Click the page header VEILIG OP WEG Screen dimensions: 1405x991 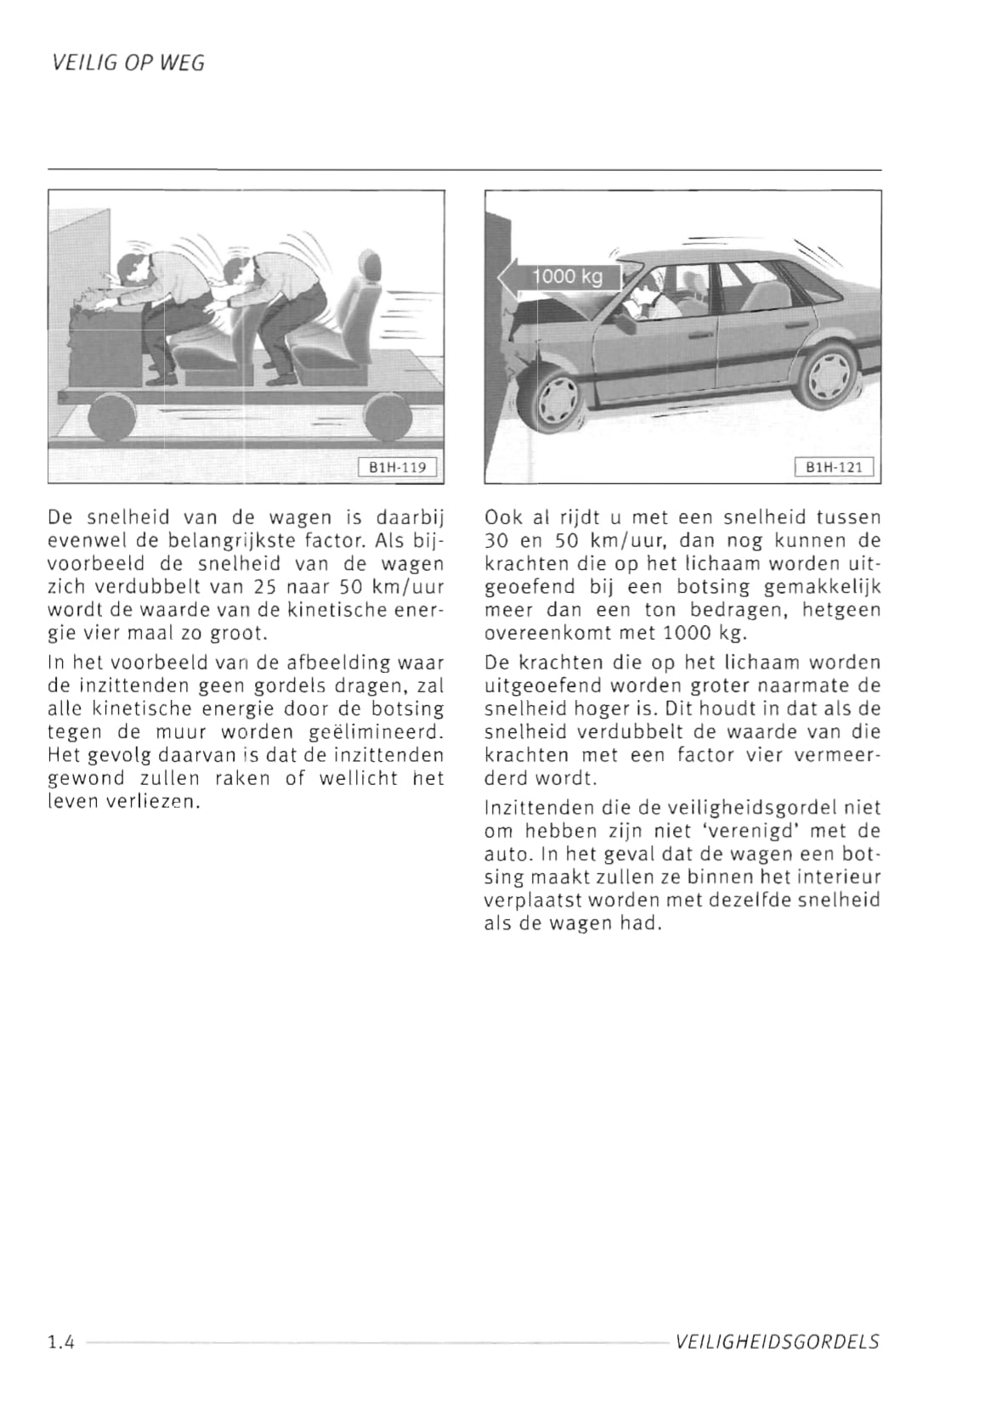coord(127,64)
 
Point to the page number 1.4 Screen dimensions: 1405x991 coord(61,1342)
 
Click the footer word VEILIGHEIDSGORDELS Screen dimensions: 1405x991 coord(777,1342)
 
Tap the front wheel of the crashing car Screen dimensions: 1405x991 coord(556,398)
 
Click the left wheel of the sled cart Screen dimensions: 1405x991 coord(112,418)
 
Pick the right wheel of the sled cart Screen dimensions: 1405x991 coord(388,418)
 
